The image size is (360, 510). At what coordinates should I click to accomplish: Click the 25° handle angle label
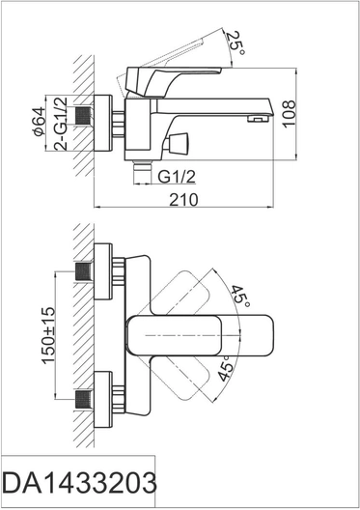(235, 42)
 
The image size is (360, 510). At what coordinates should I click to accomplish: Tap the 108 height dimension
(289, 114)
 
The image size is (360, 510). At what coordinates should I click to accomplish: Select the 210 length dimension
(183, 199)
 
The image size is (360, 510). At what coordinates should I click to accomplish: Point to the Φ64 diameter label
(39, 121)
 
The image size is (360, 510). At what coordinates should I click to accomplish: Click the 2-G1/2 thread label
(61, 124)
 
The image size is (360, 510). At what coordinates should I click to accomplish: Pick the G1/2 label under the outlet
(177, 177)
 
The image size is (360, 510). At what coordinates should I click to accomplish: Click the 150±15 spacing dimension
(48, 336)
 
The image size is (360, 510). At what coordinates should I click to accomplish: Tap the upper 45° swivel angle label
(240, 297)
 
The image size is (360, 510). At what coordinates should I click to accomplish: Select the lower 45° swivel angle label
(226, 368)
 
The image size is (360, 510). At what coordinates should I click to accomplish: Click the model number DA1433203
(79, 483)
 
